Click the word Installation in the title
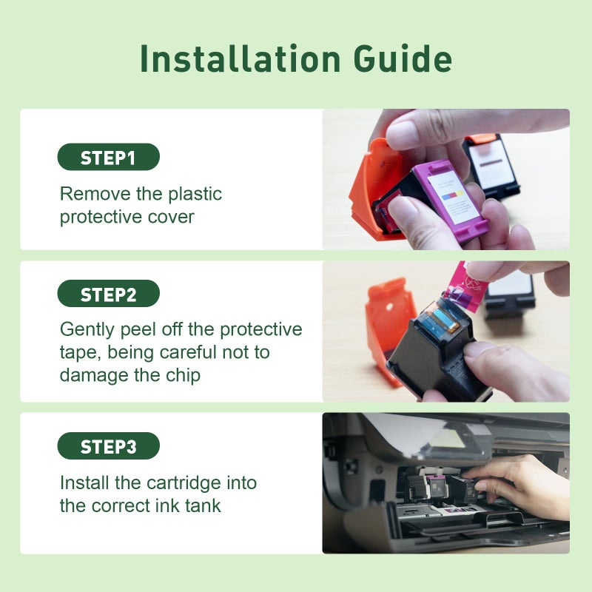point(240,58)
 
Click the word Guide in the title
point(403,58)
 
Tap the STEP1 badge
point(108,157)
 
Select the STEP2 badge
point(108,293)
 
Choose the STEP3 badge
point(108,446)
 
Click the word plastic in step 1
point(195,195)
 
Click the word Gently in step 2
point(87,330)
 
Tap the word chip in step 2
point(183,376)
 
